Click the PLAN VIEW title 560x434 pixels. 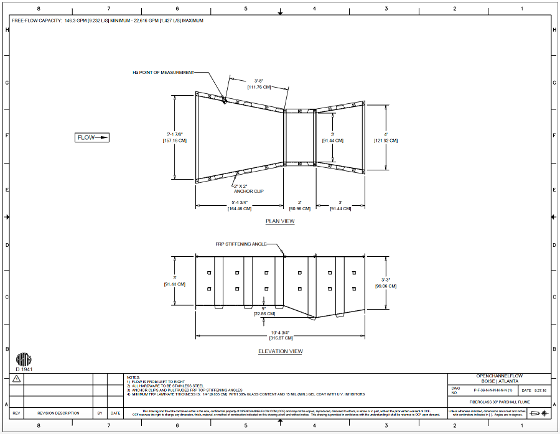pos(280,221)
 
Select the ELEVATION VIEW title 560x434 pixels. pos(281,351)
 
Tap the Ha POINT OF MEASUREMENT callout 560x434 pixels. pos(164,72)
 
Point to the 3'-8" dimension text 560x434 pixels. pos(259,81)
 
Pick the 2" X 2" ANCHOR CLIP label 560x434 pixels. pos(248,188)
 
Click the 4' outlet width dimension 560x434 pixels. pos(386,134)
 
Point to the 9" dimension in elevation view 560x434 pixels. pos(264,308)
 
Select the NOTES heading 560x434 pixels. pos(133,377)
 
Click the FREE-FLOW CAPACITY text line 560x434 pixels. pos(108,21)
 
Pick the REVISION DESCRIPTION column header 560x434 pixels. pos(58,413)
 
